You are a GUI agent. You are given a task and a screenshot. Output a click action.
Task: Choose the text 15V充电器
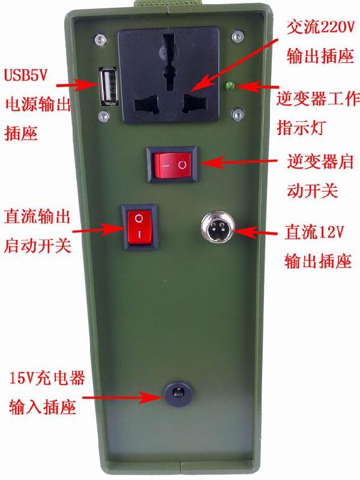(46, 379)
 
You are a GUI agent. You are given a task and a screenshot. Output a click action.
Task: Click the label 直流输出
(37, 215)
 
